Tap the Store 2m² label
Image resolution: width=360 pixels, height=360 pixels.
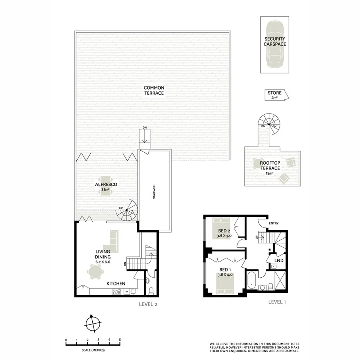(x=275, y=95)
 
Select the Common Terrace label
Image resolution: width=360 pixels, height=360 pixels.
(x=154, y=90)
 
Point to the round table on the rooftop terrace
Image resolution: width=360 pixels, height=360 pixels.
(x=258, y=163)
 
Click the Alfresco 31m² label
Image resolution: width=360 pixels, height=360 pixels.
(x=106, y=187)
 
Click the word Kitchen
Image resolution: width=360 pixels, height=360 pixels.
(x=116, y=284)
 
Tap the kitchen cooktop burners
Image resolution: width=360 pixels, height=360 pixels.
(x=116, y=292)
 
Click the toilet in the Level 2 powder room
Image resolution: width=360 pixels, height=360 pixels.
(x=151, y=290)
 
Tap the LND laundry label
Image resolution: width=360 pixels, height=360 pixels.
(x=279, y=260)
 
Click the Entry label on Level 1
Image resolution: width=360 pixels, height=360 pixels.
(x=273, y=223)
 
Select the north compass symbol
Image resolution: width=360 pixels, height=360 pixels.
(x=93, y=323)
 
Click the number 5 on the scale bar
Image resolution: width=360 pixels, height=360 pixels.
(x=120, y=340)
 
